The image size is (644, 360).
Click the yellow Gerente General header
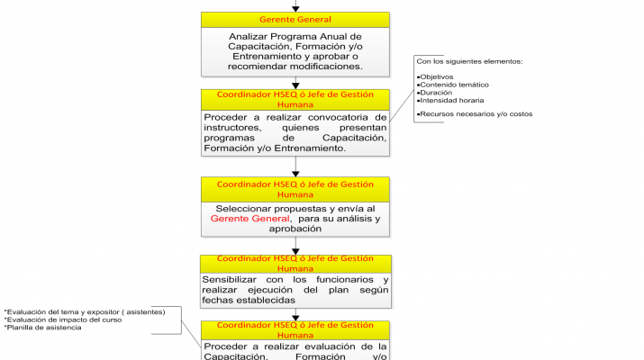click(295, 20)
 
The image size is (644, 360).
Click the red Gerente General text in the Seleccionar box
click(250, 219)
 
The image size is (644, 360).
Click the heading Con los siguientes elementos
click(468, 61)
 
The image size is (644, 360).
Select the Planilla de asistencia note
click(43, 328)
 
